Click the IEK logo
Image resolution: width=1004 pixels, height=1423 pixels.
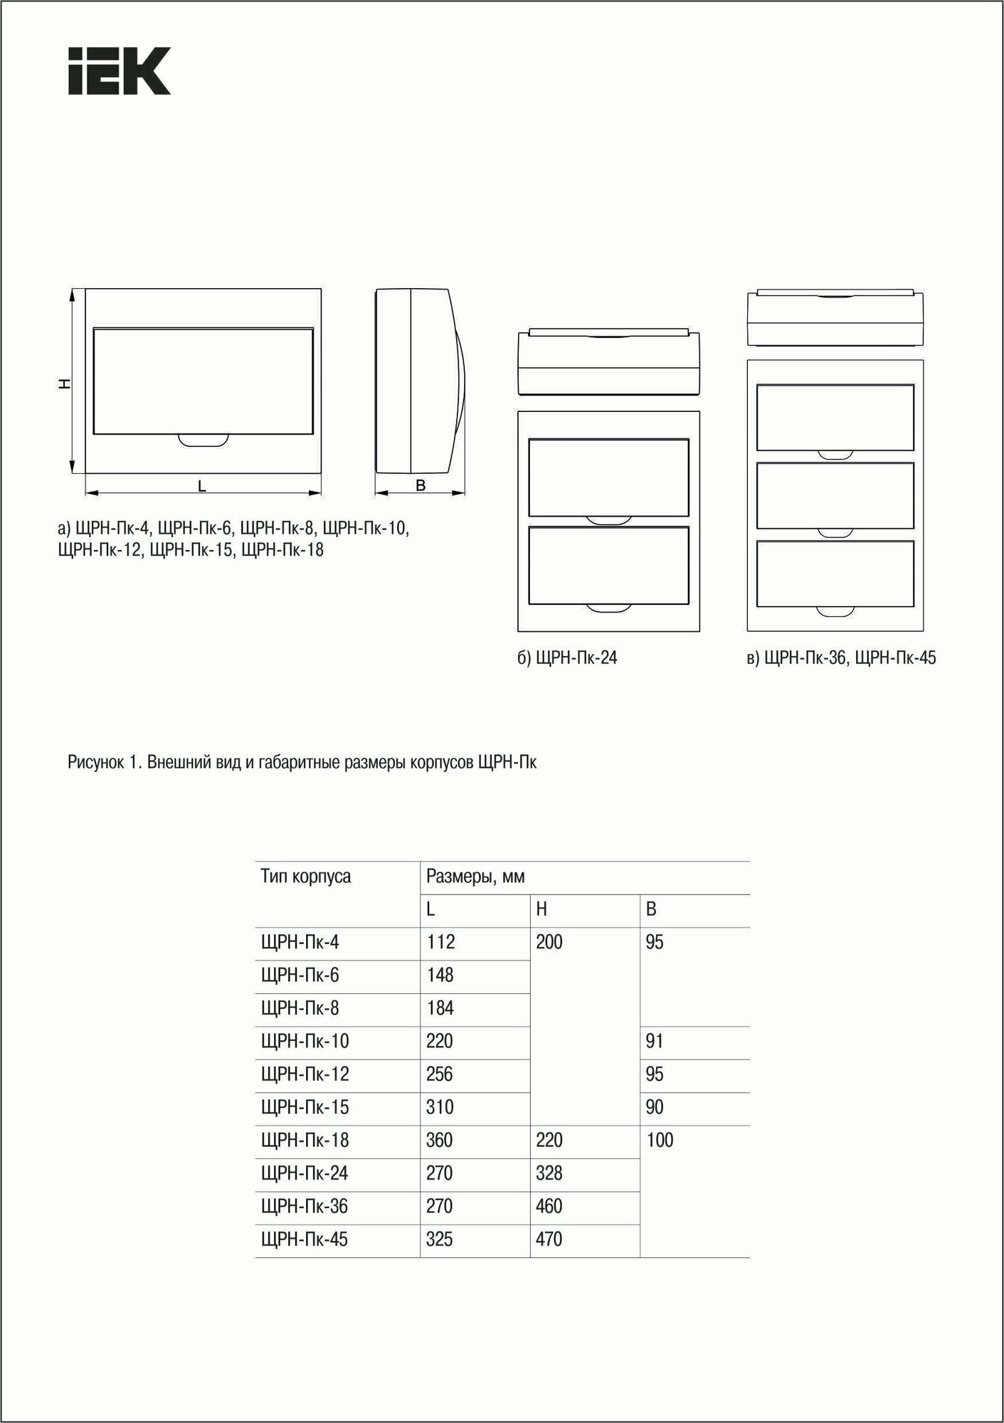click(120, 71)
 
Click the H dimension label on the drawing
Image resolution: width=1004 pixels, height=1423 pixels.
click(64, 383)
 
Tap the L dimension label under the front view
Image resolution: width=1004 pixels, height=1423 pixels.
click(202, 487)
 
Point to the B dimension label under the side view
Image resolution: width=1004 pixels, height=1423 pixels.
click(421, 486)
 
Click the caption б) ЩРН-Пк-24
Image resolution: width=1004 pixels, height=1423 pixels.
click(567, 658)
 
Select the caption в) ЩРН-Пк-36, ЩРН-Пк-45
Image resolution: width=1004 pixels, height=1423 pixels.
click(841, 658)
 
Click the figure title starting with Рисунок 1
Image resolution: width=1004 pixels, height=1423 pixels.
click(302, 763)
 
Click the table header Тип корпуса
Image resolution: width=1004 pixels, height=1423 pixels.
click(305, 876)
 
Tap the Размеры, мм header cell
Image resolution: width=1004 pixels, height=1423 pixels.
click(475, 877)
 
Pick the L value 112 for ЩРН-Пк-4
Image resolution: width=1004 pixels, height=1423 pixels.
click(440, 942)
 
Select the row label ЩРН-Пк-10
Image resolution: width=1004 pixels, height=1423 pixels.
click(305, 1041)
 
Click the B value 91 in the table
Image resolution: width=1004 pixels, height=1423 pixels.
click(655, 1041)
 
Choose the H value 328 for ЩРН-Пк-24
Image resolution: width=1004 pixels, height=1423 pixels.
click(549, 1173)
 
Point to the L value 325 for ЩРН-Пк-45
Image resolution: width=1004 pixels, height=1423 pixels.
click(440, 1239)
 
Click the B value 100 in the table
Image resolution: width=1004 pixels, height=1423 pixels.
click(660, 1140)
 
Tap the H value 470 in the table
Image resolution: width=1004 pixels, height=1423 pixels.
click(549, 1239)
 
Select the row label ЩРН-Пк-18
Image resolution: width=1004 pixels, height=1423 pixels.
click(305, 1140)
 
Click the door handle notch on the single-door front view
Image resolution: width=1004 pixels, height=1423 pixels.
click(204, 440)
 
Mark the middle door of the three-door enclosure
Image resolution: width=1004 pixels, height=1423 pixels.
click(835, 495)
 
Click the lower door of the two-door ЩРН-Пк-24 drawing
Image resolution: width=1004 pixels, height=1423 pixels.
click(608, 565)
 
